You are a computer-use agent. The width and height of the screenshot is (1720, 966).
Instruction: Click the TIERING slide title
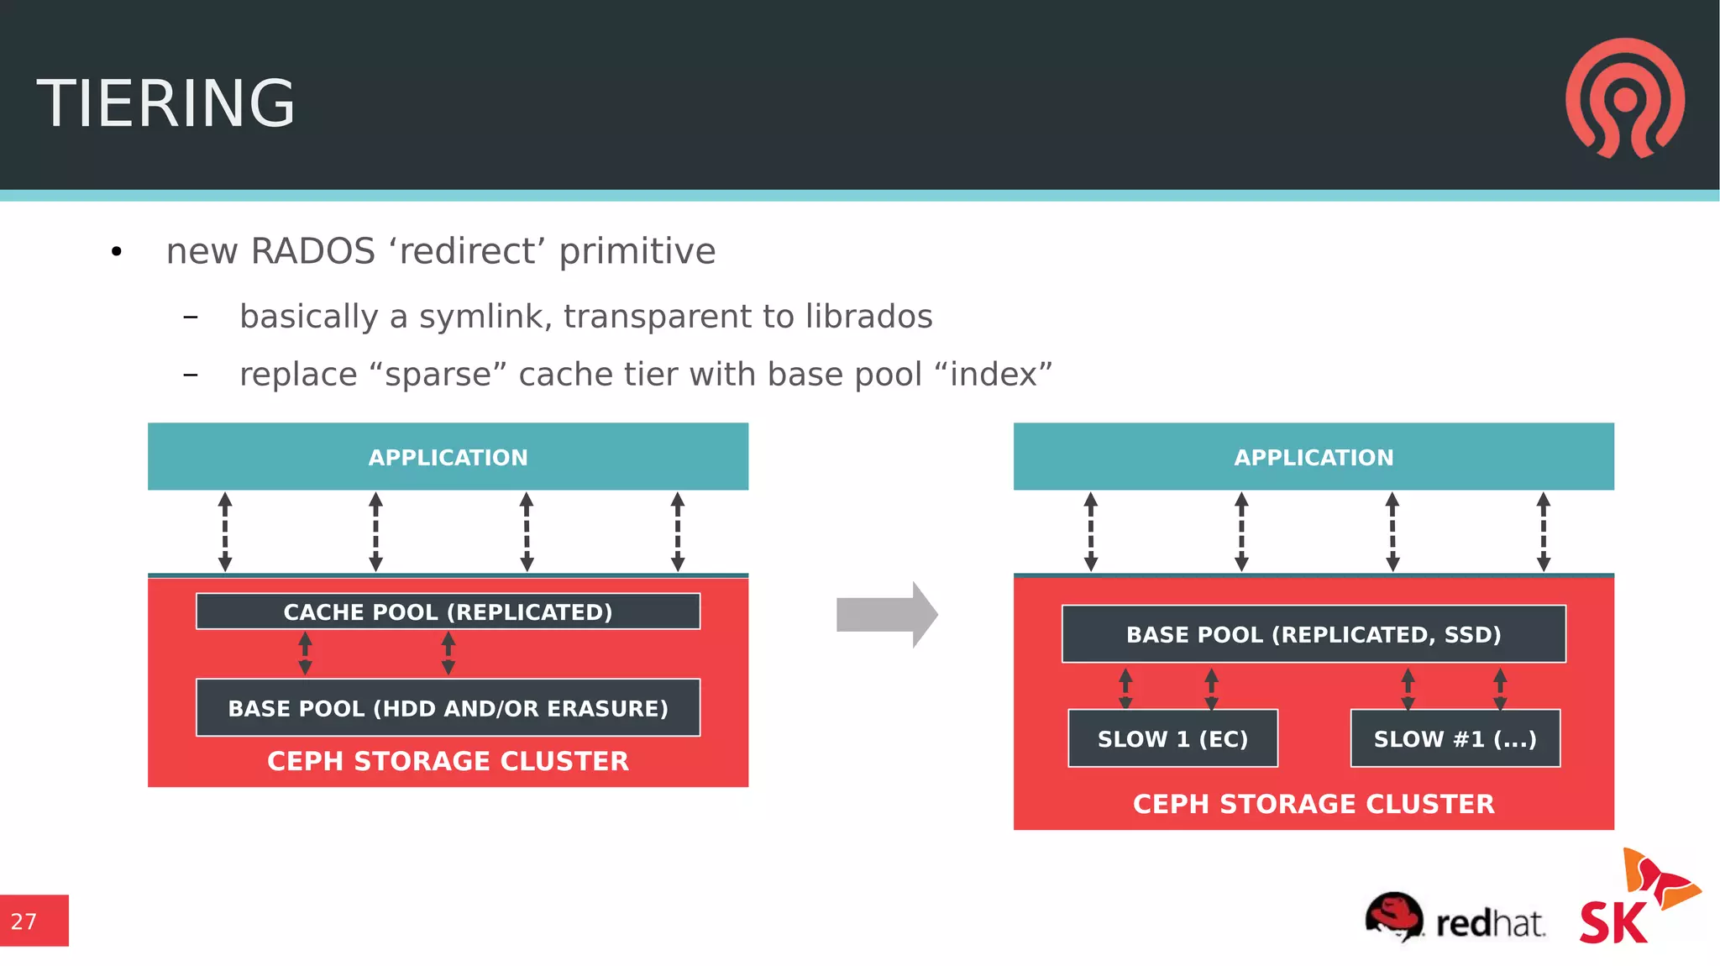coord(165,103)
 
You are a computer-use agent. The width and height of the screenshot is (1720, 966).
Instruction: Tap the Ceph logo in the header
coord(1624,97)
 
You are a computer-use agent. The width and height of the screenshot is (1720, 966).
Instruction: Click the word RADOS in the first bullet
coord(312,251)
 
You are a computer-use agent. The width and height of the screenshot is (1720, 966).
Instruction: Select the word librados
coord(868,317)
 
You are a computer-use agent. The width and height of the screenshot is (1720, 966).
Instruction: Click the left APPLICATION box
coord(448,457)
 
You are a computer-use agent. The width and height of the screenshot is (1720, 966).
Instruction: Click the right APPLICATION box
coord(1313,457)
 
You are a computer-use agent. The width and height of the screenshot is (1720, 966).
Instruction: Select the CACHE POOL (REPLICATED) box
coord(448,612)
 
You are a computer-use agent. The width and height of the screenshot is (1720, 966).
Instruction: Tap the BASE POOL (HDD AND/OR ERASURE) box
coord(448,708)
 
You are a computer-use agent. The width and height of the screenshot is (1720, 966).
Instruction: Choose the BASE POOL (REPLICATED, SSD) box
coord(1313,634)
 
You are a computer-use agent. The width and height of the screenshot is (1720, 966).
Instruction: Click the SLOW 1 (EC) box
coord(1172,738)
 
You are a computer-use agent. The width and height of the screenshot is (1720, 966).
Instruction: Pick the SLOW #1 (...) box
coord(1455,738)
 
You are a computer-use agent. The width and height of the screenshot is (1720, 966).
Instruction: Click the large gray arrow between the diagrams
coord(887,615)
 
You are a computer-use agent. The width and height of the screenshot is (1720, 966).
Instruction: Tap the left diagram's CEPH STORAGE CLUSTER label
coord(448,761)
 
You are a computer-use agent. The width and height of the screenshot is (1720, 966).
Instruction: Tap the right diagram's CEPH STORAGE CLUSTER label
coord(1313,804)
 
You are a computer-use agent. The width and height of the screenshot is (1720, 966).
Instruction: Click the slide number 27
coord(24,921)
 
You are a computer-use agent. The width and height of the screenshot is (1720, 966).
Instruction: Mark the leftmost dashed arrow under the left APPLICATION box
coord(225,532)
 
